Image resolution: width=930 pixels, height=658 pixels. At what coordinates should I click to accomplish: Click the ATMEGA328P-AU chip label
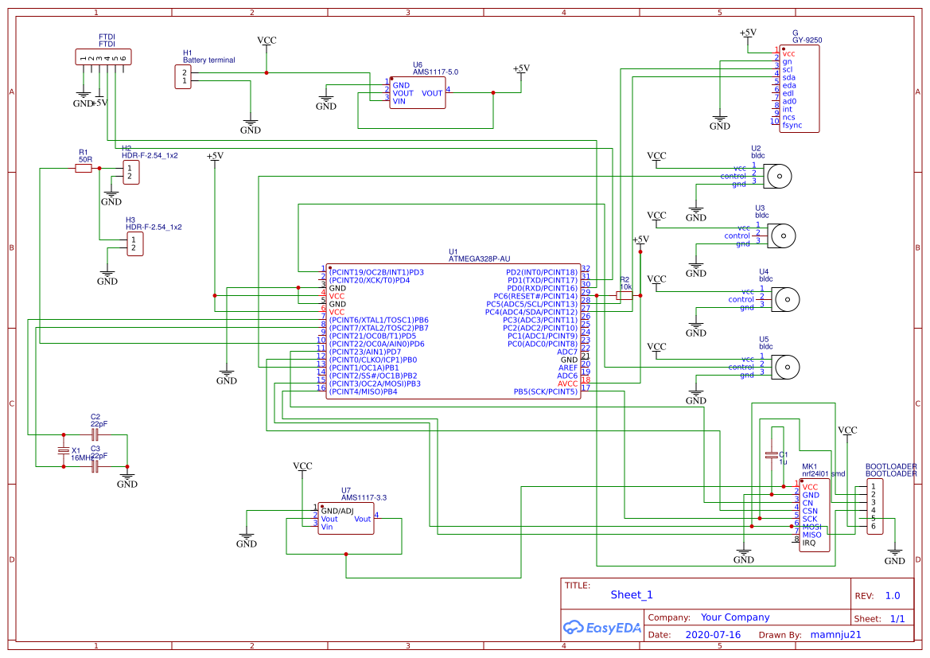(x=480, y=259)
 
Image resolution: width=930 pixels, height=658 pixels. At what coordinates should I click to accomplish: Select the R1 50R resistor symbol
(x=84, y=168)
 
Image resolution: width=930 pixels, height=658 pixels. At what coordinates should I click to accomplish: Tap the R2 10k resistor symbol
(x=625, y=295)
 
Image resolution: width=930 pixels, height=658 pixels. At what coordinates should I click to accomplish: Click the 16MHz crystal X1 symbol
(x=64, y=451)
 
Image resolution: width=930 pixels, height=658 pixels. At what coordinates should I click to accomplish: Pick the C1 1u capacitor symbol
(x=770, y=455)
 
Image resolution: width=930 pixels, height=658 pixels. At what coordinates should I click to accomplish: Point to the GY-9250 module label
(x=807, y=40)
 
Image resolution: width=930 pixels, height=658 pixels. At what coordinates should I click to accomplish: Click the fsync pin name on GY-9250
(x=792, y=125)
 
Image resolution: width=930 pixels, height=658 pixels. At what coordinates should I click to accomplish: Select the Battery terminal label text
(x=209, y=60)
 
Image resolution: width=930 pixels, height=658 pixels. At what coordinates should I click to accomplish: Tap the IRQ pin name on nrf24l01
(x=809, y=543)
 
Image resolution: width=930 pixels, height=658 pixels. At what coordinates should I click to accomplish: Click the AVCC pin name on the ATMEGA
(x=568, y=384)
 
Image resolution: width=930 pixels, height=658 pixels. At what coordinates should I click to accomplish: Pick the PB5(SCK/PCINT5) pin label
(x=545, y=391)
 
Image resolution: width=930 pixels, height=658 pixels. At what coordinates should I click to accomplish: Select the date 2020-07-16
(x=712, y=635)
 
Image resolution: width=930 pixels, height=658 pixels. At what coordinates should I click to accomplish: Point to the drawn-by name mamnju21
(x=835, y=635)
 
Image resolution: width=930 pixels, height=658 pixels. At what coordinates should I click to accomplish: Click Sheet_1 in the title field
(x=632, y=594)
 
